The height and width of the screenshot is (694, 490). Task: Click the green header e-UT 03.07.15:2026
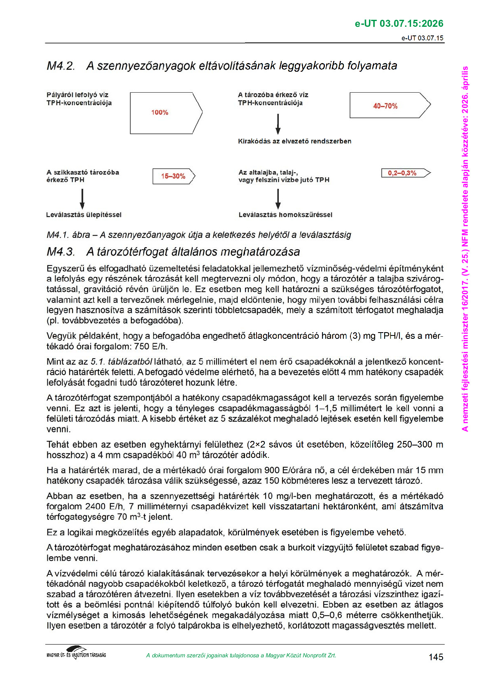pos(399,23)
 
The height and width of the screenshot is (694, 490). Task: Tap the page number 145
pos(436,657)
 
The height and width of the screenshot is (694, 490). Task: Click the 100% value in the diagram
pos(160,113)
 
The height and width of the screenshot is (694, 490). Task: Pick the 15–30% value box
pos(173,176)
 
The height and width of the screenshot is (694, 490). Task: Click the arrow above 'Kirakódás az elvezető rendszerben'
pos(278,124)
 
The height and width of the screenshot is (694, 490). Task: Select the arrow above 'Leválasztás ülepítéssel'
pos(82,199)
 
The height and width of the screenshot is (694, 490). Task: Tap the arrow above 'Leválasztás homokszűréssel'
pos(278,199)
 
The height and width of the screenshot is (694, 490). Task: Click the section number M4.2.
pos(61,66)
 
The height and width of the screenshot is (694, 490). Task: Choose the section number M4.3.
pos(61,252)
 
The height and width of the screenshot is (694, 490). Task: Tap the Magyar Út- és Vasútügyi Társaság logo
pos(77,653)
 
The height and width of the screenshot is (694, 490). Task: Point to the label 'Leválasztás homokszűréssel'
pos(285,215)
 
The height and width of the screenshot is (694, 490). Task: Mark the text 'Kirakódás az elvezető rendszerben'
pos(294,141)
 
